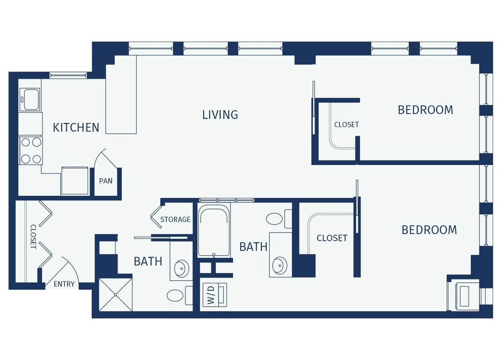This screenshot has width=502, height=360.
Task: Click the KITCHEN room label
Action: point(76,127)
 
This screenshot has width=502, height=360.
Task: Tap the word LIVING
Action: point(220,114)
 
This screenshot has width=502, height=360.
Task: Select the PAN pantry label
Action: point(106,181)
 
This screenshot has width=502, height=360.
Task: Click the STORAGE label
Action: point(175,220)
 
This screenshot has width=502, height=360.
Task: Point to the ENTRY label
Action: point(64,284)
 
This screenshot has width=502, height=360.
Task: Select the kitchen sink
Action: point(29,99)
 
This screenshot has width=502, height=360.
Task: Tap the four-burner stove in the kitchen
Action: point(31,151)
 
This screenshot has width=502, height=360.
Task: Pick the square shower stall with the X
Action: point(115,295)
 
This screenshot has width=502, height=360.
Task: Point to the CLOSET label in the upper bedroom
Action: point(346,125)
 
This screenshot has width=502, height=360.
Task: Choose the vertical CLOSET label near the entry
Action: point(33,237)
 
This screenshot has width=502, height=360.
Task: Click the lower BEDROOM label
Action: point(429,230)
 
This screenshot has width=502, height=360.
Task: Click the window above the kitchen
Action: point(68,75)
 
